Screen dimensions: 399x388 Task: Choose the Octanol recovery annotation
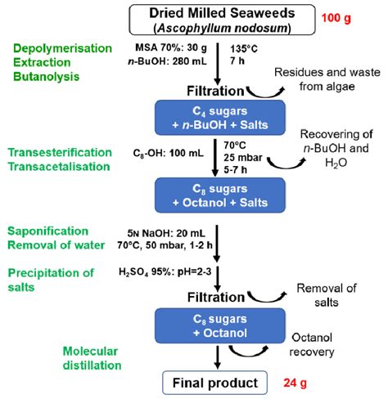pos(318,343)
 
